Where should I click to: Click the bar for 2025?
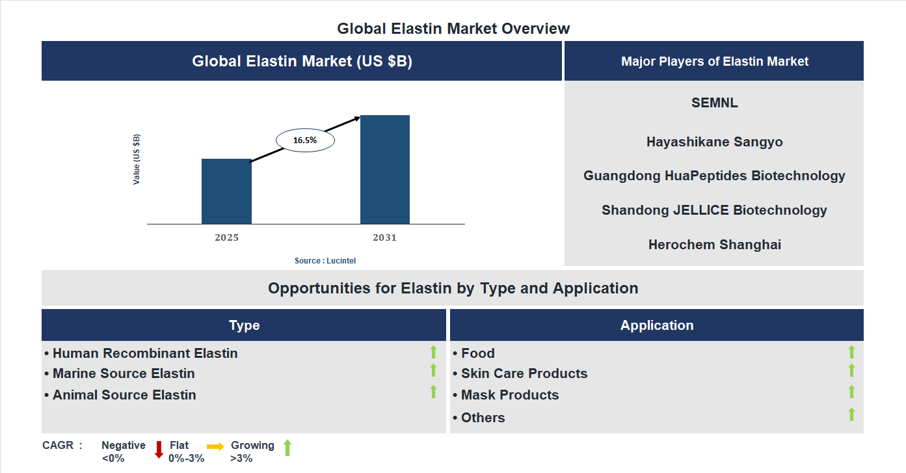click(226, 191)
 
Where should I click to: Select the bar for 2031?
click(385, 170)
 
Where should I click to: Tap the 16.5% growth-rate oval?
click(305, 140)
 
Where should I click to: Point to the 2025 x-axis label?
click(226, 237)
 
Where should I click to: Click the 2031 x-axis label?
click(384, 237)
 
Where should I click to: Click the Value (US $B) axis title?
click(137, 159)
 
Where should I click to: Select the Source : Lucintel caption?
click(325, 260)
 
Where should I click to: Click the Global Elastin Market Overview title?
click(453, 29)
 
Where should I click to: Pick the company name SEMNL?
click(714, 103)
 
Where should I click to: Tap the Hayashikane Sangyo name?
click(714, 142)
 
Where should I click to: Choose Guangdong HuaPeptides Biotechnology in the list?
click(714, 176)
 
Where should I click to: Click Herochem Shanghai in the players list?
click(714, 245)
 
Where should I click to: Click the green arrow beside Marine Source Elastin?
click(433, 370)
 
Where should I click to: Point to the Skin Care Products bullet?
click(520, 373)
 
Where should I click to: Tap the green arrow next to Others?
click(851, 414)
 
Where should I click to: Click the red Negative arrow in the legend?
click(159, 450)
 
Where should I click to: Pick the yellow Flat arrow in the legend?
click(215, 446)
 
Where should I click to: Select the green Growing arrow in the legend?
click(287, 448)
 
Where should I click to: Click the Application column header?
click(656, 325)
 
